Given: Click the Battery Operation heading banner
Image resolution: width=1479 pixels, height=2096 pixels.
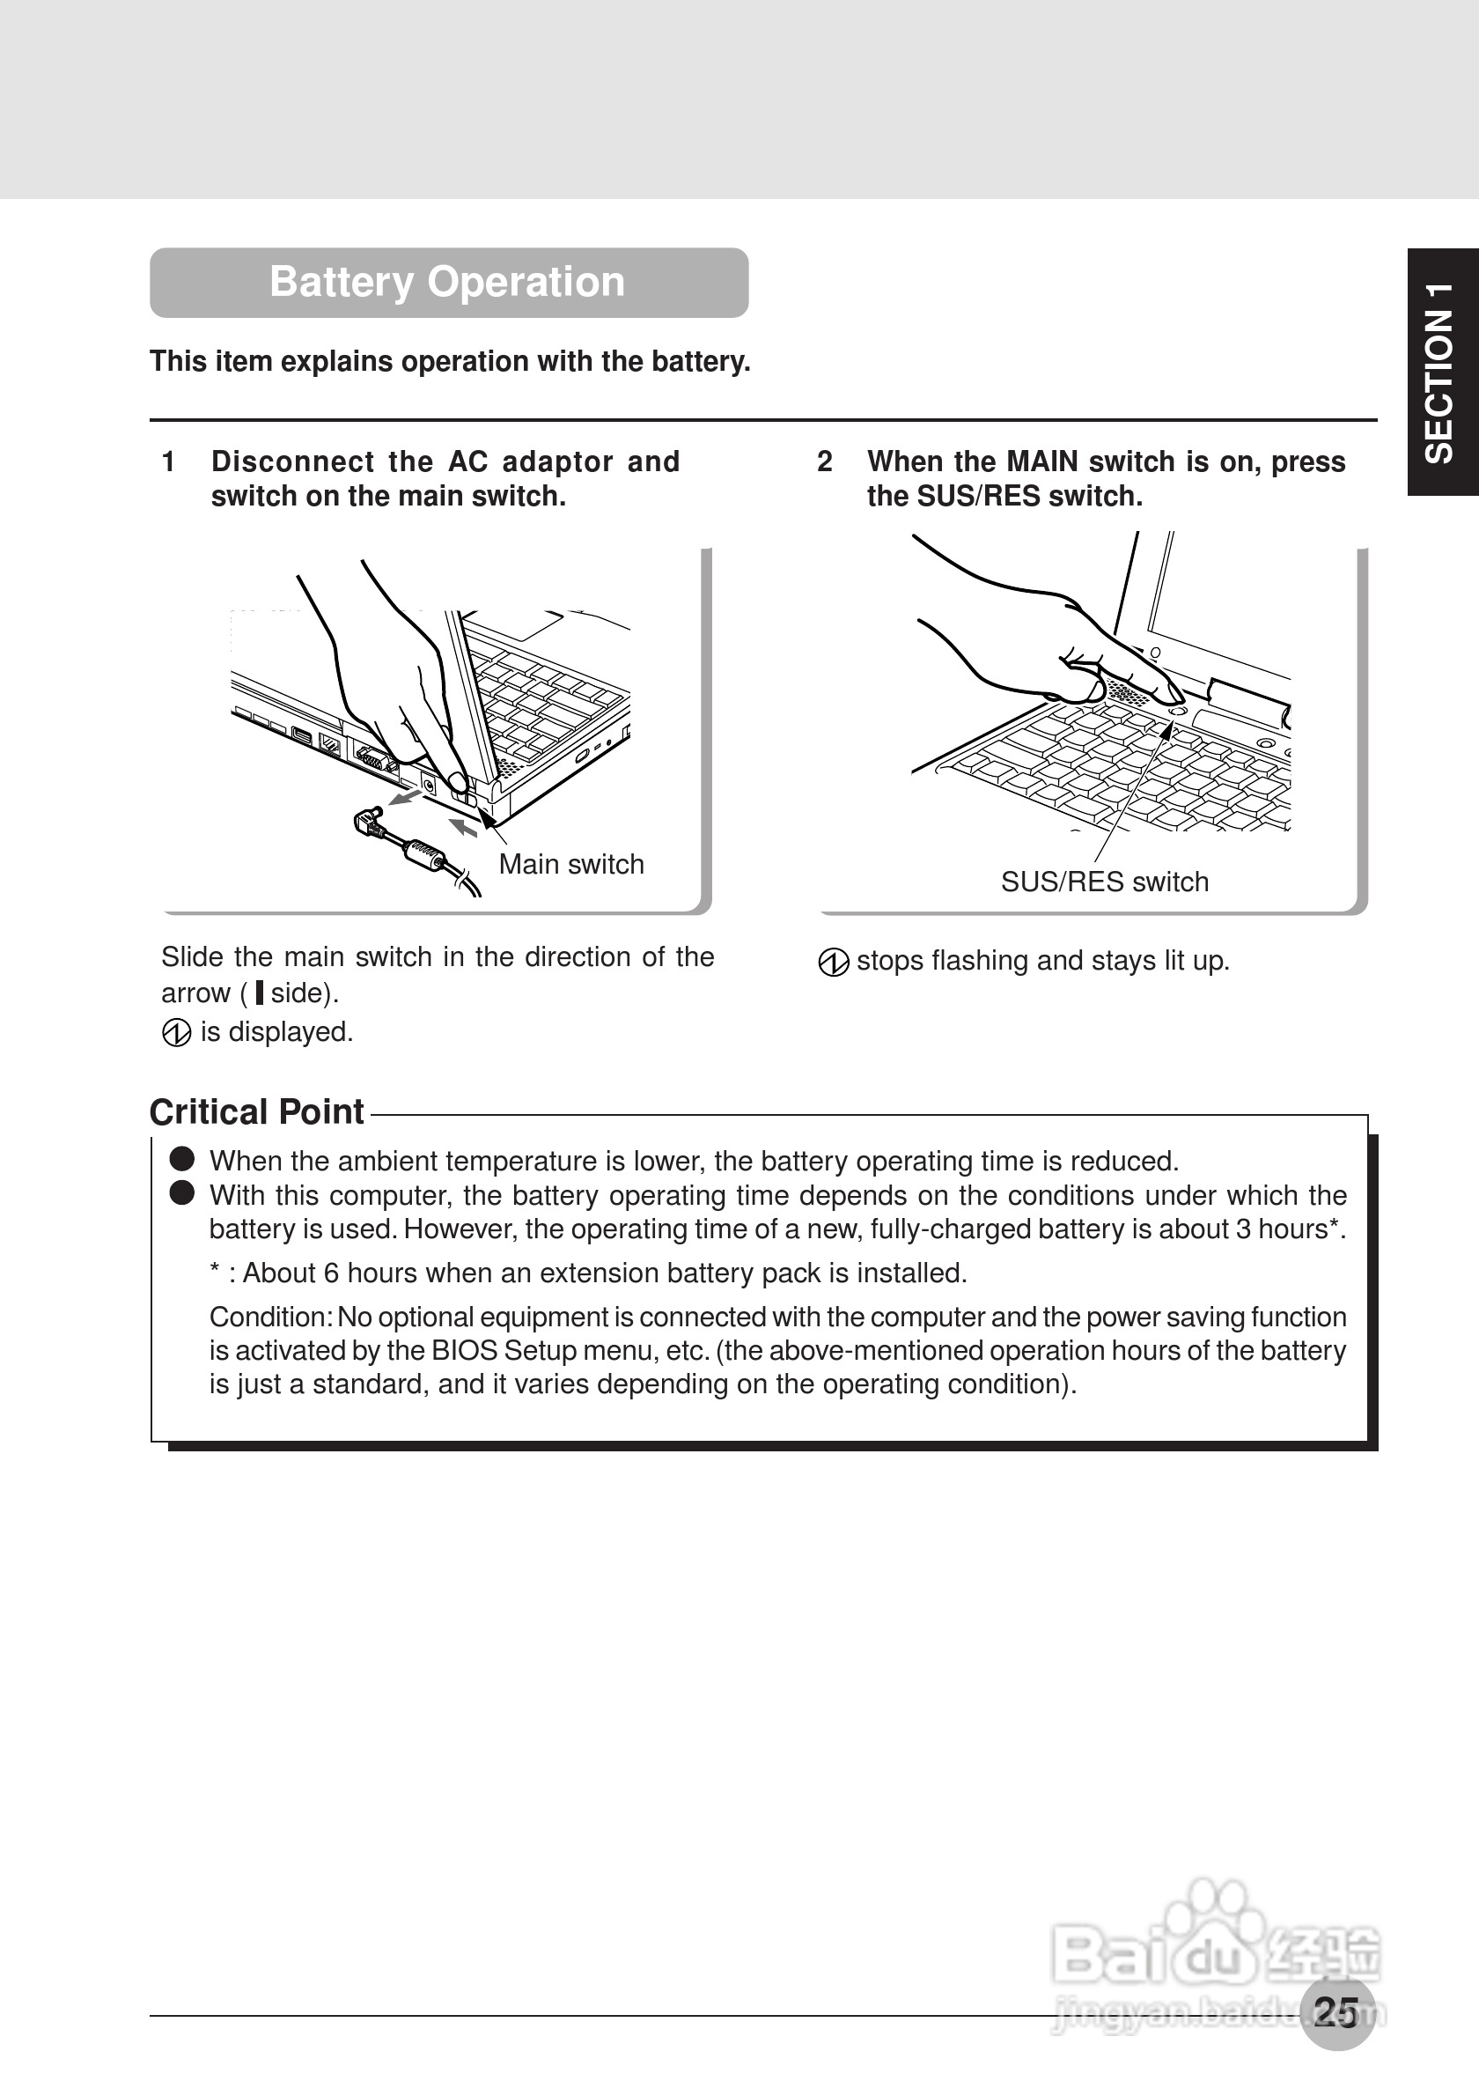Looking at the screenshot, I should [x=448, y=282].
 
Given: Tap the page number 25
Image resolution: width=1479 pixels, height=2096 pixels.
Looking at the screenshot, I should [x=1336, y=2012].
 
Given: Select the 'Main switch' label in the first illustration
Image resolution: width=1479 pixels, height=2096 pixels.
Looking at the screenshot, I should [x=571, y=865].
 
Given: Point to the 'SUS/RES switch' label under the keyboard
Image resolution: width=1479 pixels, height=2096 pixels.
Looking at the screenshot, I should [x=1104, y=882].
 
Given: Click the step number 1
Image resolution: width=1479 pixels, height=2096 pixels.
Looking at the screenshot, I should [x=168, y=462].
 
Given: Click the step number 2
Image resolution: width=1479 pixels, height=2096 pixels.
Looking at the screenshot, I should [x=824, y=462].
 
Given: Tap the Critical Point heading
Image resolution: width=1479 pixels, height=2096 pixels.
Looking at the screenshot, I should [x=256, y=1112].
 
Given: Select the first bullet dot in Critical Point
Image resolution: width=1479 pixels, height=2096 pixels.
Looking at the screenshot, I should [x=182, y=1159].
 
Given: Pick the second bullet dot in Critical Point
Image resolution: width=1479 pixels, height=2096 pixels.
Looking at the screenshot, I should [x=182, y=1193].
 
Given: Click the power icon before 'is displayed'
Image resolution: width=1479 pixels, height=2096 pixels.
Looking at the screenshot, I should [x=176, y=1033].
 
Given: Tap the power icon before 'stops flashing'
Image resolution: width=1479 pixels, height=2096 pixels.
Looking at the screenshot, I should [x=833, y=963].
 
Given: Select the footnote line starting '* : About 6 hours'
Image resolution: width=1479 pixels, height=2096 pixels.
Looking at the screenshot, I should [x=588, y=1273].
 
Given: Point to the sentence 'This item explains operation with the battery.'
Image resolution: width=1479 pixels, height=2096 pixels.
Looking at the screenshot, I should [x=450, y=361].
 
